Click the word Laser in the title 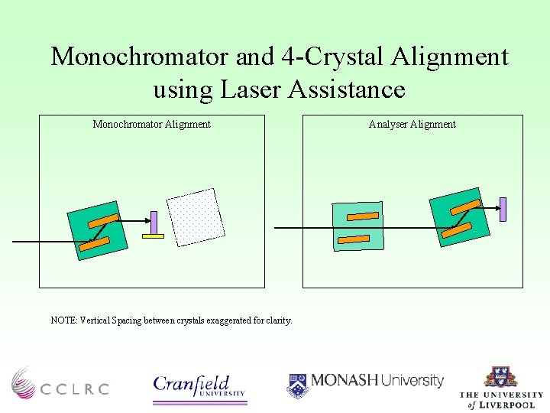[x=252, y=89]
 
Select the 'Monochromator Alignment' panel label [x=151, y=124]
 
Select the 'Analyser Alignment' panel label [x=412, y=124]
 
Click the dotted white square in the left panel [x=196, y=217]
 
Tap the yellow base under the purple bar [x=154, y=236]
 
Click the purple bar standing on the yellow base [x=154, y=223]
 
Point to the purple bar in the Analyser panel [x=503, y=210]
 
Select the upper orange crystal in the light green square [x=358, y=216]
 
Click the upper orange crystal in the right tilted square [x=465, y=206]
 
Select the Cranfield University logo [x=199, y=385]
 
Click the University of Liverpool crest [x=500, y=378]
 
